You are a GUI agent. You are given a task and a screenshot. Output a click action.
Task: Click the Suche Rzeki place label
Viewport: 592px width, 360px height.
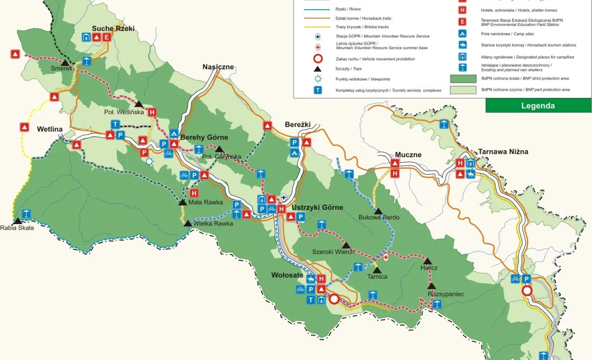113,28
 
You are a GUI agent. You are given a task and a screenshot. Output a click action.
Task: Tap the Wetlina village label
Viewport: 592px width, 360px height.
49,129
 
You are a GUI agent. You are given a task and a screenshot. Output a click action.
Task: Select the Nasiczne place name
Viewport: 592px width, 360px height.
218,67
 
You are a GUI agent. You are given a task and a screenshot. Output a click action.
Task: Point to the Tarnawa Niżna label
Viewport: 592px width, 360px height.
503,152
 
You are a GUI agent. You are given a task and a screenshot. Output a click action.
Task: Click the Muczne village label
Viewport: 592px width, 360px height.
408,155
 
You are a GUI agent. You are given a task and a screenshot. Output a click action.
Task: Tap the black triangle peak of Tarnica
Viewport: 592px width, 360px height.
377,270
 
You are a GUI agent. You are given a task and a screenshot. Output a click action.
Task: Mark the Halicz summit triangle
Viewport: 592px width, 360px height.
427,261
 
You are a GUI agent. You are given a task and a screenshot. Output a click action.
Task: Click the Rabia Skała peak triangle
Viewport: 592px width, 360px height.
17,221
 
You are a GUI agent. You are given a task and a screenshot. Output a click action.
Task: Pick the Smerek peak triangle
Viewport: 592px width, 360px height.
65,63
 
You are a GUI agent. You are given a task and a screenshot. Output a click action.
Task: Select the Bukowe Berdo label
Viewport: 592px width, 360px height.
379,217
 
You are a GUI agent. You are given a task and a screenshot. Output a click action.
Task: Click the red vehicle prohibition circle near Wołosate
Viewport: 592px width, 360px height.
334,299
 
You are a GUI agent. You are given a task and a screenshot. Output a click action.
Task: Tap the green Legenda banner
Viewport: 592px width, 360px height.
538,105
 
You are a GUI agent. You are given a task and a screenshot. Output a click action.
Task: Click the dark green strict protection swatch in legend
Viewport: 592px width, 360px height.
463,78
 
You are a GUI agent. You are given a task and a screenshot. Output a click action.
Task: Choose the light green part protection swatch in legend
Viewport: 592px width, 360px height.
463,90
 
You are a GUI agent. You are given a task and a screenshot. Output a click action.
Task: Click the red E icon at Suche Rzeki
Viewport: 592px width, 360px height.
107,37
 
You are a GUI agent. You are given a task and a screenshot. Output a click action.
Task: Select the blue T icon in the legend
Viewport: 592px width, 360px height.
318,90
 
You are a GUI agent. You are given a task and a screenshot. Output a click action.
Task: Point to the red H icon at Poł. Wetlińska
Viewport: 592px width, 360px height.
152,112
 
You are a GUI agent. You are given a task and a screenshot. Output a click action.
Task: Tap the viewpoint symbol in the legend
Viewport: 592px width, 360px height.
318,79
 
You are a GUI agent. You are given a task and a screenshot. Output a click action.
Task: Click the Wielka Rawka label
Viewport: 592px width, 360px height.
213,224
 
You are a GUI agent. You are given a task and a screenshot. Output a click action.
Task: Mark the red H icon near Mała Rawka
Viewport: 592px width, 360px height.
194,193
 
